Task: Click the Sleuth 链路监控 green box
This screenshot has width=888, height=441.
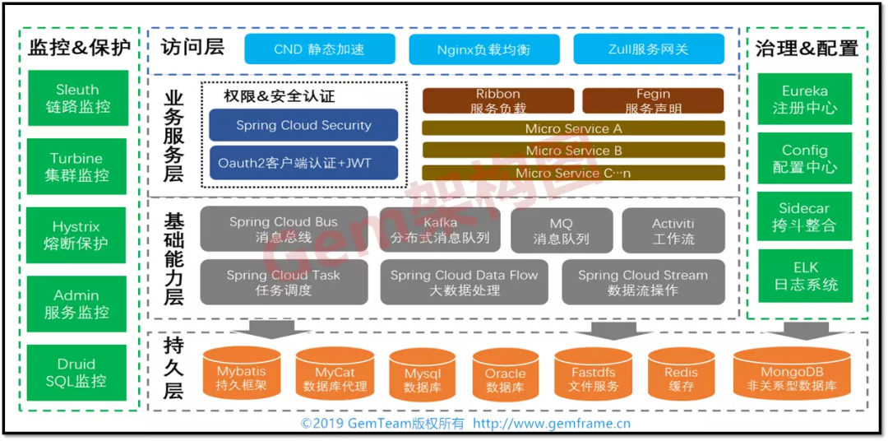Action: point(78,98)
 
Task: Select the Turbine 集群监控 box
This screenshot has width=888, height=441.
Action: point(78,166)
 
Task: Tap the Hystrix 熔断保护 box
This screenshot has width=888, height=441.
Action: point(78,235)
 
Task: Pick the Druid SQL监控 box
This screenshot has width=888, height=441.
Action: point(78,373)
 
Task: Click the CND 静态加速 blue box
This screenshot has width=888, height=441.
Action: point(319,49)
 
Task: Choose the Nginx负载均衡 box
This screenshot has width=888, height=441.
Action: point(483,49)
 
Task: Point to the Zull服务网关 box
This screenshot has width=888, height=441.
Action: point(648,49)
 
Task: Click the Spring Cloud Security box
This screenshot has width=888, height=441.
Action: point(303,125)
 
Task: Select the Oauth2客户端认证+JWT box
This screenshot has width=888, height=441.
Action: point(303,163)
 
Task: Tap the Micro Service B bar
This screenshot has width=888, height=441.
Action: point(573,151)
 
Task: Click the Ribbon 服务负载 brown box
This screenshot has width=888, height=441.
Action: point(497,100)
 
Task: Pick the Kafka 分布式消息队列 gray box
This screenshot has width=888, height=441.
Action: point(440,230)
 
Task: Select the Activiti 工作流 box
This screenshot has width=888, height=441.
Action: point(673,230)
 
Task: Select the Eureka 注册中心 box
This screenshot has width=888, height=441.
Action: point(804,99)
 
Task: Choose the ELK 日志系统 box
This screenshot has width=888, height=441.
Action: point(804,276)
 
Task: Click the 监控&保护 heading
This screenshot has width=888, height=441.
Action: point(79,47)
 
